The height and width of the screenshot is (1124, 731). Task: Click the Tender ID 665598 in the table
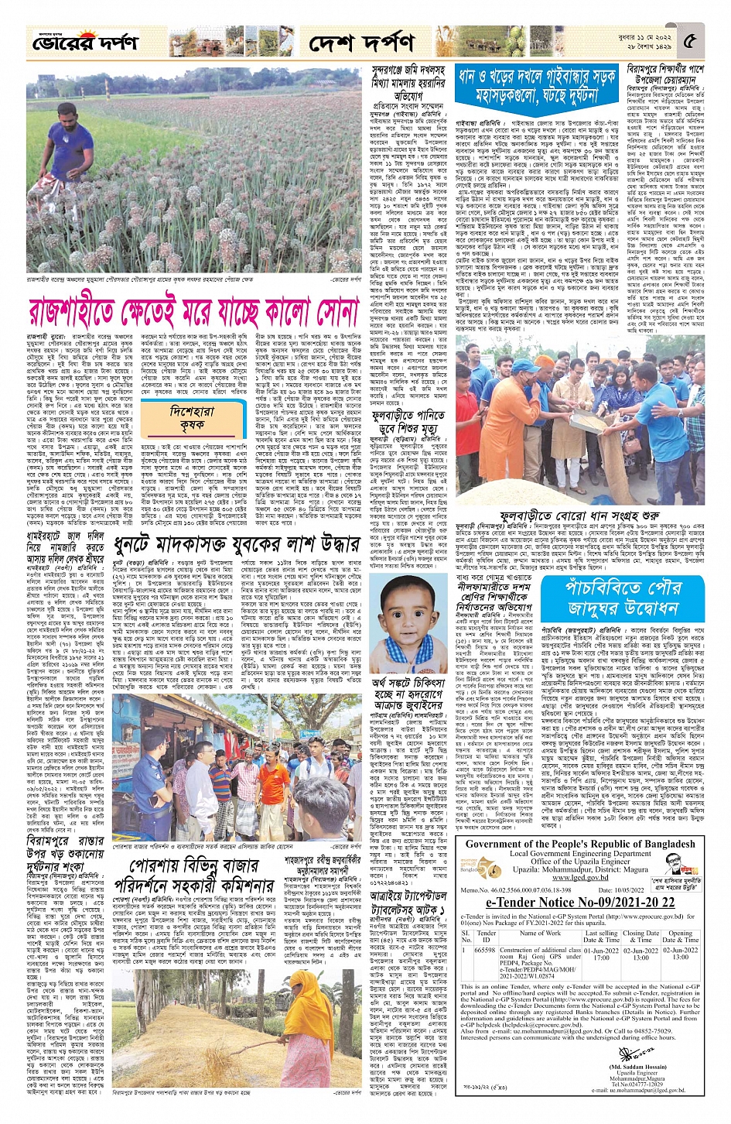coord(484,951)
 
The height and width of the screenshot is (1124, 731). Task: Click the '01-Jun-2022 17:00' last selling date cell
coord(601,954)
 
